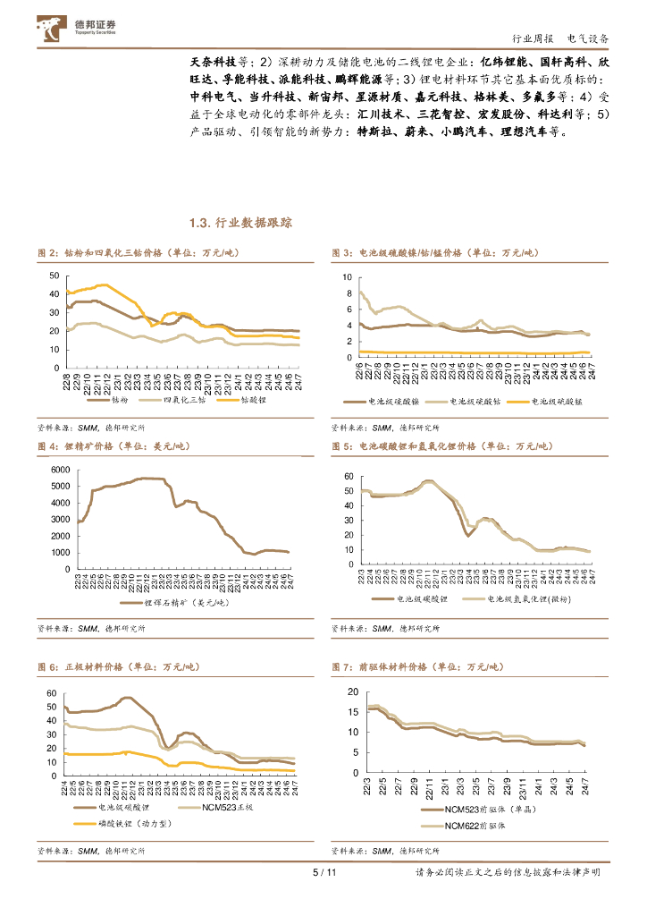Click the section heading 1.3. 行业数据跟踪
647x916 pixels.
coord(241,223)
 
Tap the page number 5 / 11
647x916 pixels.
coord(323,873)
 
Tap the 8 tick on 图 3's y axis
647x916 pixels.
coord(349,293)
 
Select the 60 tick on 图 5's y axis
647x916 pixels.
coord(349,477)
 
